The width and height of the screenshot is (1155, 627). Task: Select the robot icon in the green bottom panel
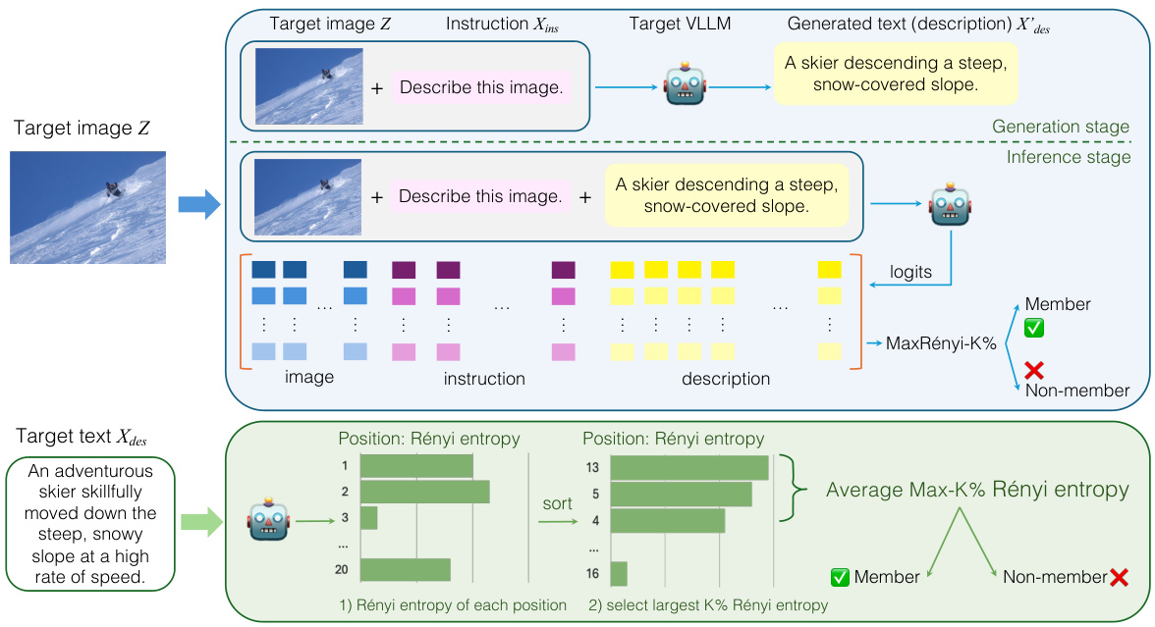coord(269,520)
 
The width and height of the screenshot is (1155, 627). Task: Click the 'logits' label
coord(910,273)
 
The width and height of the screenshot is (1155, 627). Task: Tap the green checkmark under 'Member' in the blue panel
coord(1033,328)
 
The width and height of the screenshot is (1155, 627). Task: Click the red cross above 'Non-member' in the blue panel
coord(1033,370)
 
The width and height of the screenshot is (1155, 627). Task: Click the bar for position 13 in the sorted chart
coord(689,468)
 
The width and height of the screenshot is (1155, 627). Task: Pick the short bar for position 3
coord(369,517)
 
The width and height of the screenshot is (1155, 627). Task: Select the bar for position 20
coord(406,569)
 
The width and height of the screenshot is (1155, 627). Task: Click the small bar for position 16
coord(619,573)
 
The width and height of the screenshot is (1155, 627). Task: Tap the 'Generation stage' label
coord(1061,128)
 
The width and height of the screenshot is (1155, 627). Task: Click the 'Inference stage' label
coord(1069,157)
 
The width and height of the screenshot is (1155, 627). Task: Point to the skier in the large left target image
coord(114,187)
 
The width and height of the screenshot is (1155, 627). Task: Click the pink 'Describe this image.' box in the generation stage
coord(481,88)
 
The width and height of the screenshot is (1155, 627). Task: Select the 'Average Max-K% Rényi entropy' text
coord(977,489)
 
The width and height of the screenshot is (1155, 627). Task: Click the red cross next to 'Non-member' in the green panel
coord(1119,578)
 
